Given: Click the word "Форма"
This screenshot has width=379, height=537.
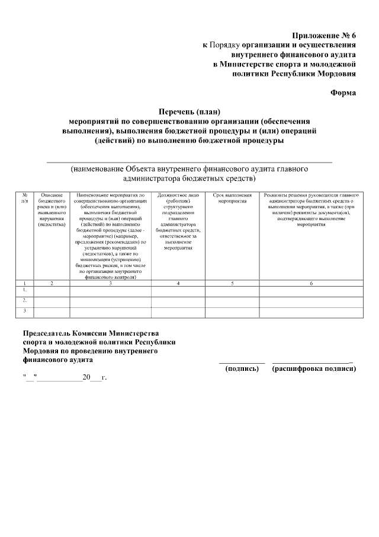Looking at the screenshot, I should click(x=342, y=93).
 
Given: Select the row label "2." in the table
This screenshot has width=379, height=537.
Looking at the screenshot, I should click(x=25, y=300).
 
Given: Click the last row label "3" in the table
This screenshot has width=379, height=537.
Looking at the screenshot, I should click(x=25, y=310).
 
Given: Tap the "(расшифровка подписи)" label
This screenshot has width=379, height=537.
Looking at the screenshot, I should click(x=313, y=368).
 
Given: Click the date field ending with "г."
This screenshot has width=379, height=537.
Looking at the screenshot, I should click(x=65, y=377).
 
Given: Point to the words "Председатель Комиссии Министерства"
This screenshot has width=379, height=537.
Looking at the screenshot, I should click(x=91, y=334).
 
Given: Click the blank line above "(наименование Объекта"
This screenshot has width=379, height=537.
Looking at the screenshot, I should click(x=189, y=161).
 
